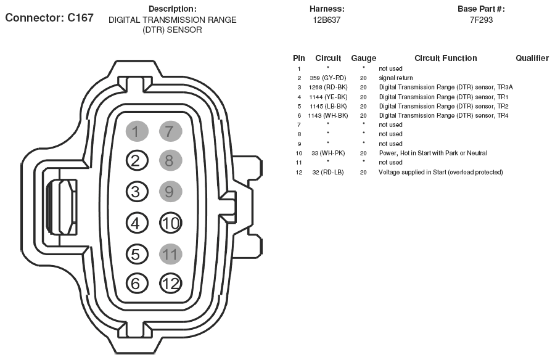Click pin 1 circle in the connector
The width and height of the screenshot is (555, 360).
tap(137, 131)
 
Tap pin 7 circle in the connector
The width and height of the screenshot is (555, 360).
tap(170, 131)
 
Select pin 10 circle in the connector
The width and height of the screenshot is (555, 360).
tap(170, 223)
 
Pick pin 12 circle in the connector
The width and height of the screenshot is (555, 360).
tap(170, 284)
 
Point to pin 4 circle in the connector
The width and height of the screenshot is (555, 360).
tap(137, 223)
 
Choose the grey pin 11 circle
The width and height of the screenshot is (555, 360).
tap(170, 253)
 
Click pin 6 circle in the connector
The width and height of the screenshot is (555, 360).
tap(137, 284)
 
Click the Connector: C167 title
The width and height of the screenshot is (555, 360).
tap(49, 18)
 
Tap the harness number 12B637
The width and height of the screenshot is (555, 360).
tap(327, 20)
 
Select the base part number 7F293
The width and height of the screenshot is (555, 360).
tap(481, 20)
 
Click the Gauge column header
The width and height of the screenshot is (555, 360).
tap(363, 59)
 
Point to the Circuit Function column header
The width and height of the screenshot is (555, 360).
tap(445, 59)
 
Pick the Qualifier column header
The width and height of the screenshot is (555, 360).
tap(532, 59)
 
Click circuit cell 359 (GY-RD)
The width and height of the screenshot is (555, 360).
tap(328, 78)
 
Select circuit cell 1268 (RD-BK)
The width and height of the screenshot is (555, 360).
tap(328, 88)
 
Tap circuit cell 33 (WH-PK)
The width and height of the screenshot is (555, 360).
tap(328, 153)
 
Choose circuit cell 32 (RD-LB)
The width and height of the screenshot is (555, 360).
tap(328, 172)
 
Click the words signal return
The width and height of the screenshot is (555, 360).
tap(396, 78)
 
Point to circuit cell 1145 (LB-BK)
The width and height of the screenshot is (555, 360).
tap(328, 106)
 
